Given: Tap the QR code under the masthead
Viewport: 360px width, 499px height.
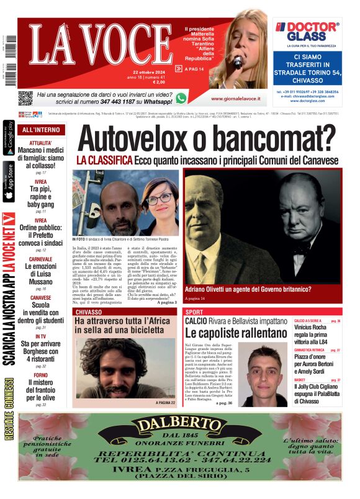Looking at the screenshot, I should pos(25,97).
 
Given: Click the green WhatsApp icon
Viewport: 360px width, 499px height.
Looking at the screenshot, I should pos(181,97).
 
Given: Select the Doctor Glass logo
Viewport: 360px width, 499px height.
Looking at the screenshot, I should pos(307,31).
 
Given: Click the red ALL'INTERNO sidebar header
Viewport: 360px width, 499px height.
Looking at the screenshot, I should pos(41,130).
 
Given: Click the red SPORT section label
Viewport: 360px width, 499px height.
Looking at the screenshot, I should pos(194,312).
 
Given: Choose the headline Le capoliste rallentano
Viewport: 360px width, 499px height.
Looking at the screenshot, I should pos(236,333).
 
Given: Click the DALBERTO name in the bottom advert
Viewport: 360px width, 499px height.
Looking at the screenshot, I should pos(180,426).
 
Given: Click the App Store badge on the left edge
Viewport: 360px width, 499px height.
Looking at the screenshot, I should pos(9,181).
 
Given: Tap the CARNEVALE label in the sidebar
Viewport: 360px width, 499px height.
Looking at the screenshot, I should pos(40,258).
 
